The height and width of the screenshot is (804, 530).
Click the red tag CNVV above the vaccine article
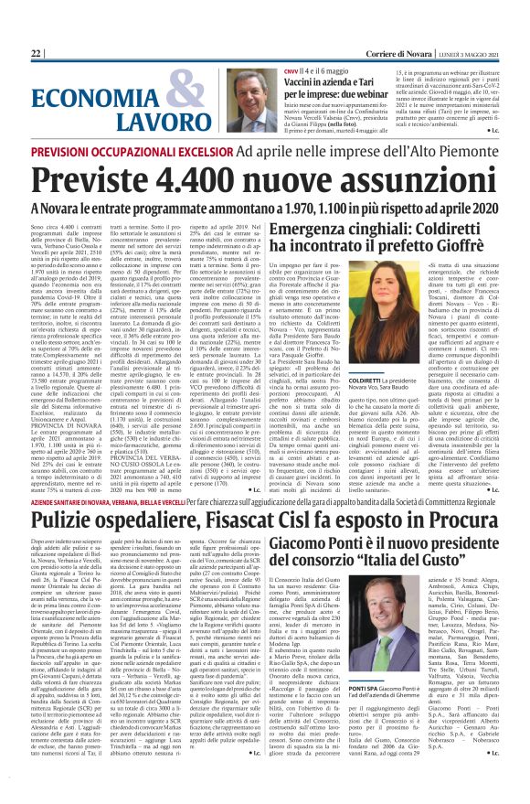click(291, 70)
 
